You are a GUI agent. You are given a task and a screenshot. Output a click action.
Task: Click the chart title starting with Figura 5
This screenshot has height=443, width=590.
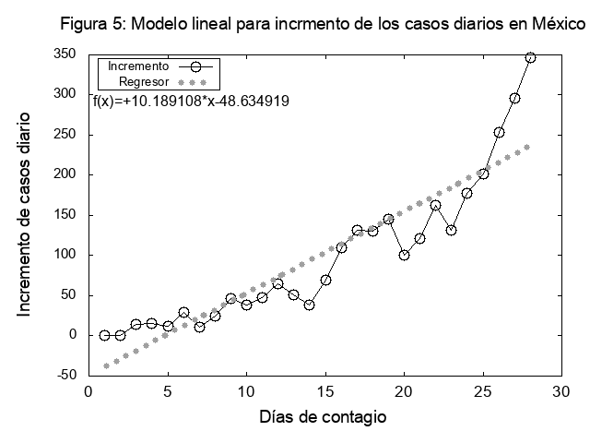[x=323, y=25]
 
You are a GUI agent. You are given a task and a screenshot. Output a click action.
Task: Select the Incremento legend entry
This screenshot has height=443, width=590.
[x=138, y=66]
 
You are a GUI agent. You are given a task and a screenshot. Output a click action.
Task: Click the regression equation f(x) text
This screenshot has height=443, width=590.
[x=192, y=102]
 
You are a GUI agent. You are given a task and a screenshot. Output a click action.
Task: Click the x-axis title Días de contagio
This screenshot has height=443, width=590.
[x=322, y=417]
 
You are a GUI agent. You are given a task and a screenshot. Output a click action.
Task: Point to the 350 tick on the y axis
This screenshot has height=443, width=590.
[x=64, y=54]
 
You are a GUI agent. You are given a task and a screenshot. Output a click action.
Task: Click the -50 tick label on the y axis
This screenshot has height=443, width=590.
[x=65, y=376]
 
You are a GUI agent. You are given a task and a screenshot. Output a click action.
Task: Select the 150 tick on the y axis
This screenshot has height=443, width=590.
[x=64, y=215]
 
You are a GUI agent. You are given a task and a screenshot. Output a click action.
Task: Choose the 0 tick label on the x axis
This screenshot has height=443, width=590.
[x=88, y=392]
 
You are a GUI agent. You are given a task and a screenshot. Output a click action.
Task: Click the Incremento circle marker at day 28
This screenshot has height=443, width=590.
[x=530, y=57]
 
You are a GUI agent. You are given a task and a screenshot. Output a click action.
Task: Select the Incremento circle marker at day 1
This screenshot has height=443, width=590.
[x=104, y=335]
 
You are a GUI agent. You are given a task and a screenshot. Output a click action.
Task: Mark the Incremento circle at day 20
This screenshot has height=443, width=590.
[x=404, y=255]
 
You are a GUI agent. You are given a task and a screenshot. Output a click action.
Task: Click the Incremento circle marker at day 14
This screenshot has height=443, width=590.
[x=310, y=305]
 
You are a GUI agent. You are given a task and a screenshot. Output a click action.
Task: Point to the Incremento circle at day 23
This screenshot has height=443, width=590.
[x=451, y=230]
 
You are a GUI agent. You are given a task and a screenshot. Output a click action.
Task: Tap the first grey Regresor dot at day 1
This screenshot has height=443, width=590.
[x=105, y=365]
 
